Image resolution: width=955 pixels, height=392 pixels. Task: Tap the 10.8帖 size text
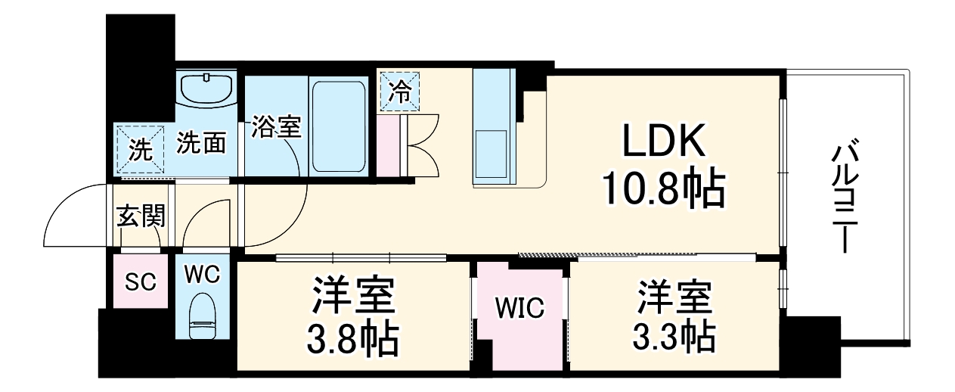pos(663,190)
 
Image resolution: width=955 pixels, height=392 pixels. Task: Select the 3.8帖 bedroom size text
pos(352,342)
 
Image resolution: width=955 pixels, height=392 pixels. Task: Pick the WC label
pos(202,275)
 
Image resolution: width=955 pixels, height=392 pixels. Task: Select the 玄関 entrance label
pos(141,217)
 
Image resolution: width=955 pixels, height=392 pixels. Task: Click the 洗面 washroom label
pos(200,143)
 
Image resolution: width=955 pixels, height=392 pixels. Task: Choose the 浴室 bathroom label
pos(277,127)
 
